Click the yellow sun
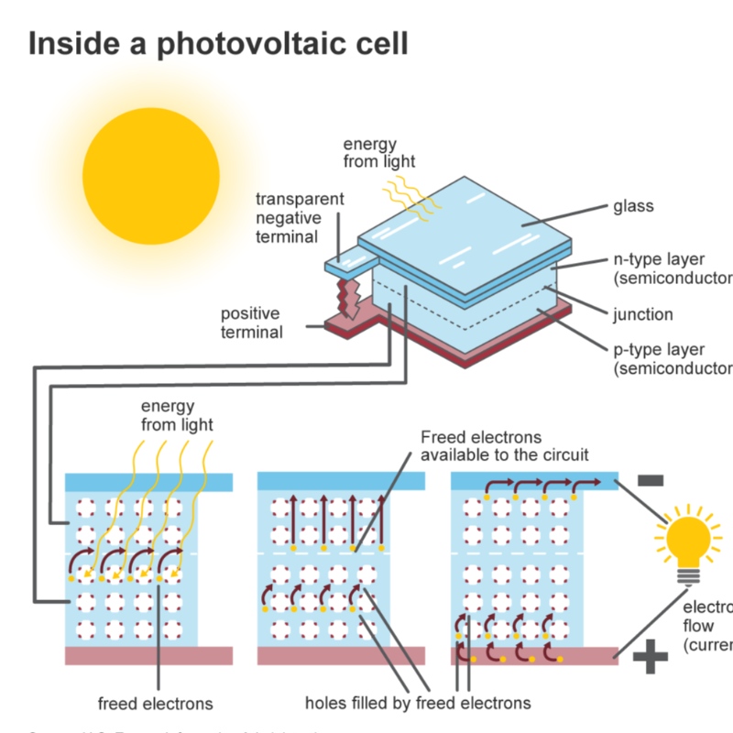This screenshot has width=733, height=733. click(151, 177)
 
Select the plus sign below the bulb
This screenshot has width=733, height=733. click(651, 656)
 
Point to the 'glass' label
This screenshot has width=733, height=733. click(633, 206)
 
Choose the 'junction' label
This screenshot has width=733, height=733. click(642, 314)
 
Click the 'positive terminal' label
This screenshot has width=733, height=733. click(250, 323)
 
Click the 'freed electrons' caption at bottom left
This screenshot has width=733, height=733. click(155, 704)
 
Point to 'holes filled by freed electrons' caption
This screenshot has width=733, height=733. click(418, 704)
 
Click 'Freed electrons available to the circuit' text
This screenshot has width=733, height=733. click(504, 446)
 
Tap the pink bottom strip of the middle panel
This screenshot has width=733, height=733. click(341, 655)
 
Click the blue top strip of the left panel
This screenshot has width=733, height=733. click(148, 483)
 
